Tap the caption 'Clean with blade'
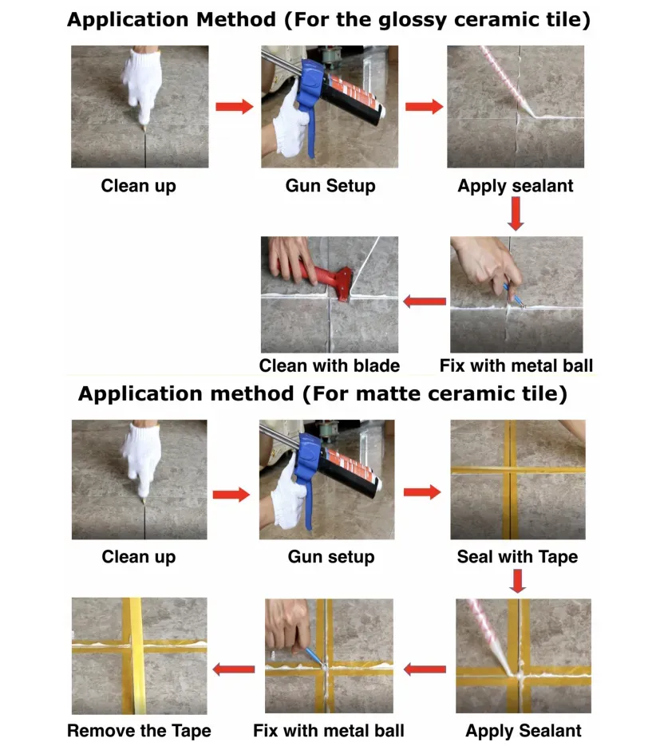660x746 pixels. click(330, 365)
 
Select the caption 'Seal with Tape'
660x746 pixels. click(517, 557)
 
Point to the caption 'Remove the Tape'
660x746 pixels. click(139, 730)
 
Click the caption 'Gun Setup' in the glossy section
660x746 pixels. click(330, 186)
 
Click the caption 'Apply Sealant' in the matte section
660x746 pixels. click(524, 730)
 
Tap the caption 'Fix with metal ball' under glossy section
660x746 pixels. click(516, 365)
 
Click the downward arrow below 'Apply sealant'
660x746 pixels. click(516, 214)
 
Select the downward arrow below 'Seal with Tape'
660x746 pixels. click(518, 581)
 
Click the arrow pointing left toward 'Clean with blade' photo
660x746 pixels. click(425, 301)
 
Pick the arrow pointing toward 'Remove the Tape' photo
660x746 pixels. click(234, 669)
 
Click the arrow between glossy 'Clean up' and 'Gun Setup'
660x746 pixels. click(234, 107)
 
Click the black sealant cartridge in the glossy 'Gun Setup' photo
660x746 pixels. click(354, 98)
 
